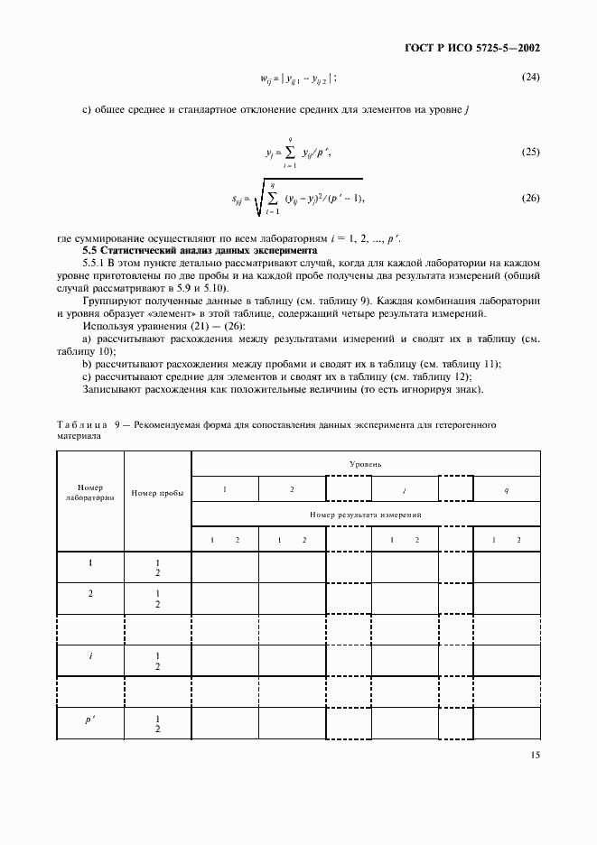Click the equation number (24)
coord(530,77)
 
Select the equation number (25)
coord(530,152)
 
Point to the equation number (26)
coord(530,198)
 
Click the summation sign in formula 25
coord(291,153)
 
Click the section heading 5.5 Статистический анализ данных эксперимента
coord(199,248)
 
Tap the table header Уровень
coord(366,463)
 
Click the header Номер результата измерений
coord(366,514)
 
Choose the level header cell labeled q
coord(506,488)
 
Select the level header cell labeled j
coord(404,488)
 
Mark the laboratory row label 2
coord(90,593)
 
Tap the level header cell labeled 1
coord(225,488)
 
